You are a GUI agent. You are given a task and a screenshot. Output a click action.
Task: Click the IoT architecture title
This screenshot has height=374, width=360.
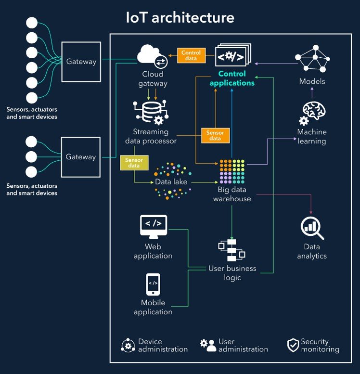coord(180,18)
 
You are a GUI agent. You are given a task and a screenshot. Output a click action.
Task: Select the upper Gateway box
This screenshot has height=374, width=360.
coord(81,61)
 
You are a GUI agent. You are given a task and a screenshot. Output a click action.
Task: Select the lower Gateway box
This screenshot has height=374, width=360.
coord(81,157)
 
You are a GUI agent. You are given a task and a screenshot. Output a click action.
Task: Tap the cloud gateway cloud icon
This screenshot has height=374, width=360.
coord(151,55)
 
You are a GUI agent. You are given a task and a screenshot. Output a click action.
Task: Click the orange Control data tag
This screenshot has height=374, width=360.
coord(191,55)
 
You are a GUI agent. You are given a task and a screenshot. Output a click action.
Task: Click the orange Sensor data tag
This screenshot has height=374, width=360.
coord(215,135)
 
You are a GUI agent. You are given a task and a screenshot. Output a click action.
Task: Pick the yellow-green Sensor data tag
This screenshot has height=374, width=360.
coord(134,163)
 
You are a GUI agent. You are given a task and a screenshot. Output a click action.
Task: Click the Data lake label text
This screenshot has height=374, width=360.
coord(171,182)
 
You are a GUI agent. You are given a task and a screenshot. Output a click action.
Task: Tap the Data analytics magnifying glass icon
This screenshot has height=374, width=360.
coord(312,228)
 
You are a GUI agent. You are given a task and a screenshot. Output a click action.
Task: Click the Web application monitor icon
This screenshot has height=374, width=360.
coord(153,225)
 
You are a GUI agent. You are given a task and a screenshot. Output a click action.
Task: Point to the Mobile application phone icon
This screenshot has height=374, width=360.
coord(153,284)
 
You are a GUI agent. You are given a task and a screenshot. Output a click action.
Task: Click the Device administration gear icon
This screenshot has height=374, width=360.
coord(128,345)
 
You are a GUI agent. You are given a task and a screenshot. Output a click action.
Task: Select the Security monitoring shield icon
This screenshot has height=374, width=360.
coord(293,345)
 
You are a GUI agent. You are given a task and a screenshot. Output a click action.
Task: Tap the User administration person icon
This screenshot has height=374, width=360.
coord(208,345)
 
